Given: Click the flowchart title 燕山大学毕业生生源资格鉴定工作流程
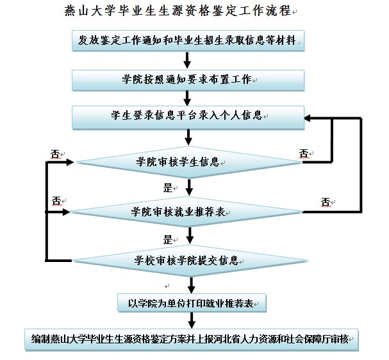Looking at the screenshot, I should click(177, 11).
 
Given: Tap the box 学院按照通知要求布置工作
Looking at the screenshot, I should click(187, 79).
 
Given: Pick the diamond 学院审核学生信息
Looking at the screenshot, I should click(187, 160).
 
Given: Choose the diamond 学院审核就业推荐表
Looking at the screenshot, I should click(187, 211).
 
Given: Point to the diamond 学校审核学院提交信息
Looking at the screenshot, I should click(187, 260).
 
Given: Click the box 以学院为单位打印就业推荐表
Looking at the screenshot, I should click(190, 302).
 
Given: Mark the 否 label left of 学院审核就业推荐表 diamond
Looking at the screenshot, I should click(56, 200).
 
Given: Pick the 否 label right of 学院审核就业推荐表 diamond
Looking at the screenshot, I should click(326, 202).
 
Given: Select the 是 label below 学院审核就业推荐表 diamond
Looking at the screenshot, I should click(169, 240).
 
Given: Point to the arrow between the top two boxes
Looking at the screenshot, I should click(187, 60).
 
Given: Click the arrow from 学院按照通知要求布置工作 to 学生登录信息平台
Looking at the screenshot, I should click(187, 98).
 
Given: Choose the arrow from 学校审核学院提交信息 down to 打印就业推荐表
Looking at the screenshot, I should click(190, 284).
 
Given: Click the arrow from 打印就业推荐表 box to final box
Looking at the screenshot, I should click(190, 320).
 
